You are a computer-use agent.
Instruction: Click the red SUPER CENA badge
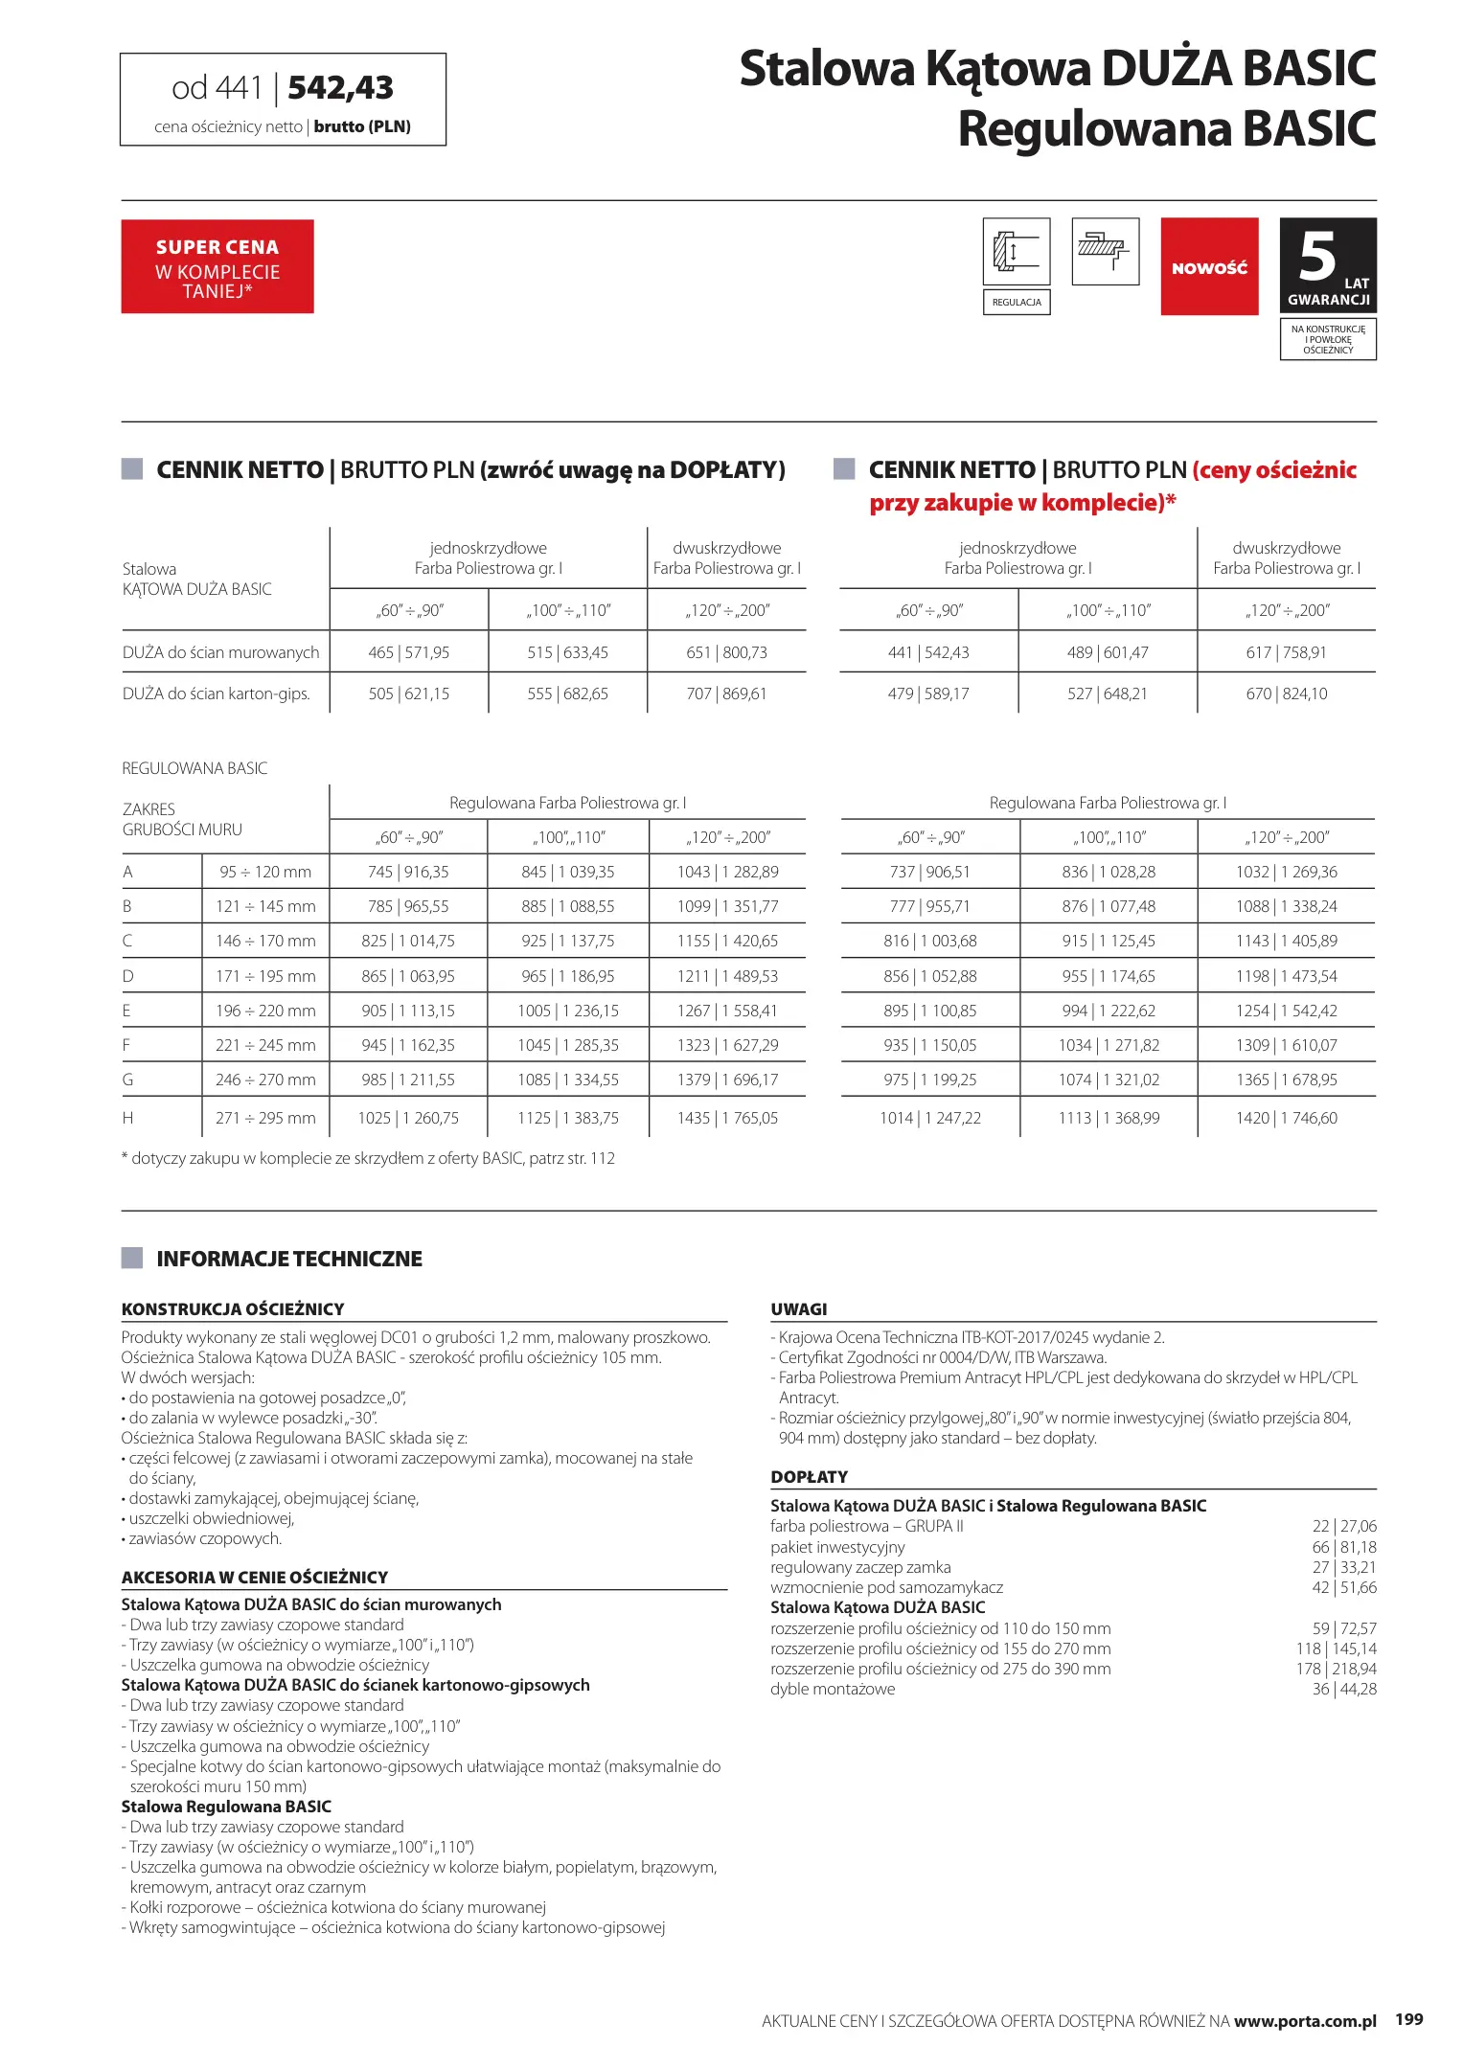[217, 266]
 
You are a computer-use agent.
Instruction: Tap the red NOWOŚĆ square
[1209, 267]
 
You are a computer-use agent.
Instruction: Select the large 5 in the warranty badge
[1317, 257]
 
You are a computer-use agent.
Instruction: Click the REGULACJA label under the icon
[1017, 303]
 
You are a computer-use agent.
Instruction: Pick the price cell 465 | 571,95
[409, 652]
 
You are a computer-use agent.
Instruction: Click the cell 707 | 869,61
[726, 693]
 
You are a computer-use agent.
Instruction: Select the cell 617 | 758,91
[1286, 652]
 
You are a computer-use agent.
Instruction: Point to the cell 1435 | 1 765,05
[727, 1118]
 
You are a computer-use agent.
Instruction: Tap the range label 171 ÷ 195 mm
[265, 976]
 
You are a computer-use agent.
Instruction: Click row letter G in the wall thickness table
[127, 1080]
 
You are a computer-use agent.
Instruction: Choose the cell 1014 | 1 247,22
[930, 1118]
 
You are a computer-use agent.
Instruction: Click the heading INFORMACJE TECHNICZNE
[289, 1259]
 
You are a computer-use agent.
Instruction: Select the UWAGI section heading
[799, 1309]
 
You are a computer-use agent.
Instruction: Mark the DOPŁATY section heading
[810, 1477]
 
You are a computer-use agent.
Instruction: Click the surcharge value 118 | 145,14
[1336, 1648]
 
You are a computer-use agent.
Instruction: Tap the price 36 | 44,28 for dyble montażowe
[1344, 1689]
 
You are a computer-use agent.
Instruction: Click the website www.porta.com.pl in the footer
[1305, 2021]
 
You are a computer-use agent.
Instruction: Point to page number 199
[1408, 2019]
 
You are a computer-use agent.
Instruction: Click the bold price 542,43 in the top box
[340, 88]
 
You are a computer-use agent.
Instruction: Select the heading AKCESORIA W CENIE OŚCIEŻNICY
[255, 1578]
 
